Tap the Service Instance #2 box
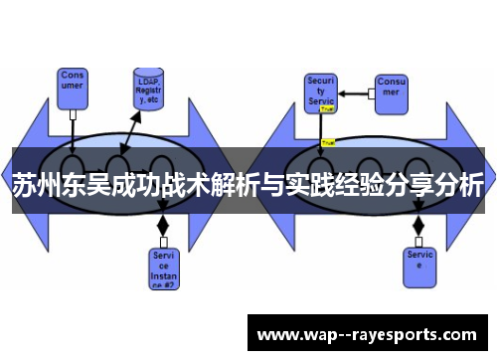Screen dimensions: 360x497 163,268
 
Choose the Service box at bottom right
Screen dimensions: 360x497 419,261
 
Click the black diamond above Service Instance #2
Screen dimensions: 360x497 163,226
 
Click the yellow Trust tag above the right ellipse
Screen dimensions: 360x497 328,142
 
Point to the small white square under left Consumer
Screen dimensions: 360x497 73,113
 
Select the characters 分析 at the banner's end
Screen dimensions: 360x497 458,185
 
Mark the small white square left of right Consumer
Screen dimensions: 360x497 371,93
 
